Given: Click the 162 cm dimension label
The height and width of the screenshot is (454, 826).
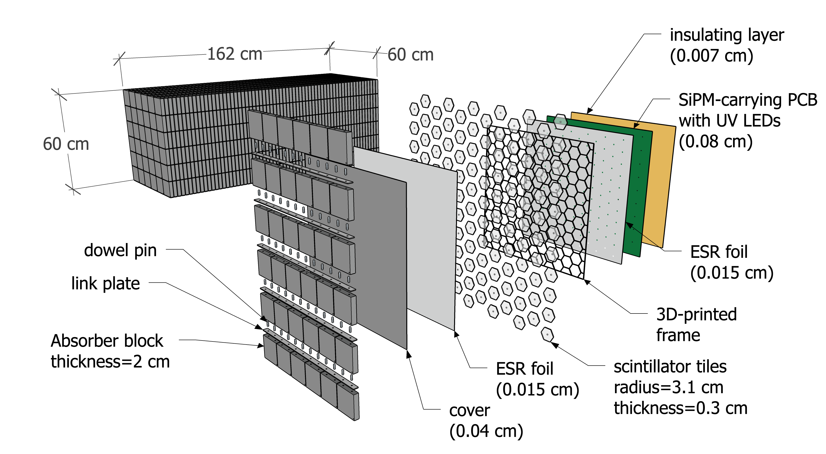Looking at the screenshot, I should (235, 54).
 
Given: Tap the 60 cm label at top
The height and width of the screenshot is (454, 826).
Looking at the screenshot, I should (410, 54).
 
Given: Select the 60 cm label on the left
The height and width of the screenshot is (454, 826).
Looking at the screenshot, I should (66, 144).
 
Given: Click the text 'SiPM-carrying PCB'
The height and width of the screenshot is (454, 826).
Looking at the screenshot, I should (747, 100).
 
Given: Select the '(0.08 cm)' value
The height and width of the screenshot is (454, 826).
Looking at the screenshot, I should (715, 141).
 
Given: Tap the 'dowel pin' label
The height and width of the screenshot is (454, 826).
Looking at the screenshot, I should (120, 250).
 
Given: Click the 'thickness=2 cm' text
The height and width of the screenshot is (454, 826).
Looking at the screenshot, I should (110, 362).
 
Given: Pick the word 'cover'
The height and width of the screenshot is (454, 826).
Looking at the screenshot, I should (469, 411).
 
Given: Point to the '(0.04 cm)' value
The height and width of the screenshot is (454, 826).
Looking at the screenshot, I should (486, 431).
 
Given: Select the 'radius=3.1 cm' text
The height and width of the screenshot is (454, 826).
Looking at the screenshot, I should (668, 388).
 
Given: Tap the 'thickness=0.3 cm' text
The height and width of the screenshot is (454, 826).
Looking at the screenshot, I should (680, 408).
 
